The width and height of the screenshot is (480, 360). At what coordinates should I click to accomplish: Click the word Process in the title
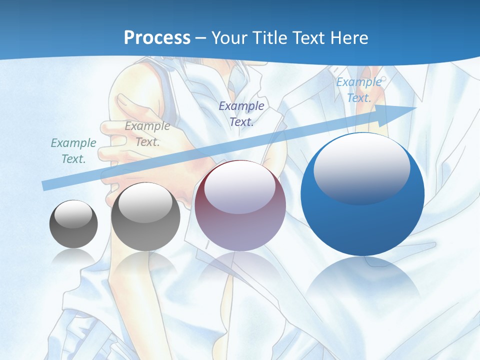pyautogui.click(x=157, y=37)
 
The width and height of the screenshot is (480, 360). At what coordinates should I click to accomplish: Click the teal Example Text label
pyautogui.click(x=73, y=151)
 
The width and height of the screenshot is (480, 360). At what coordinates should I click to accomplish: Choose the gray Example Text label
pyautogui.click(x=147, y=134)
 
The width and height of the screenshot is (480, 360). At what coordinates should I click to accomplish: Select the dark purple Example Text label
pyautogui.click(x=241, y=113)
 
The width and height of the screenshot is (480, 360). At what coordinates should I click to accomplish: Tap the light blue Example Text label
pyautogui.click(x=359, y=90)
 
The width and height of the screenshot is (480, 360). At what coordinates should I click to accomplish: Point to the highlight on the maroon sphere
pyautogui.click(x=240, y=186)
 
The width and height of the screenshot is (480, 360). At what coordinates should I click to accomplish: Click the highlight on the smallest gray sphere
pyautogui.click(x=73, y=214)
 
